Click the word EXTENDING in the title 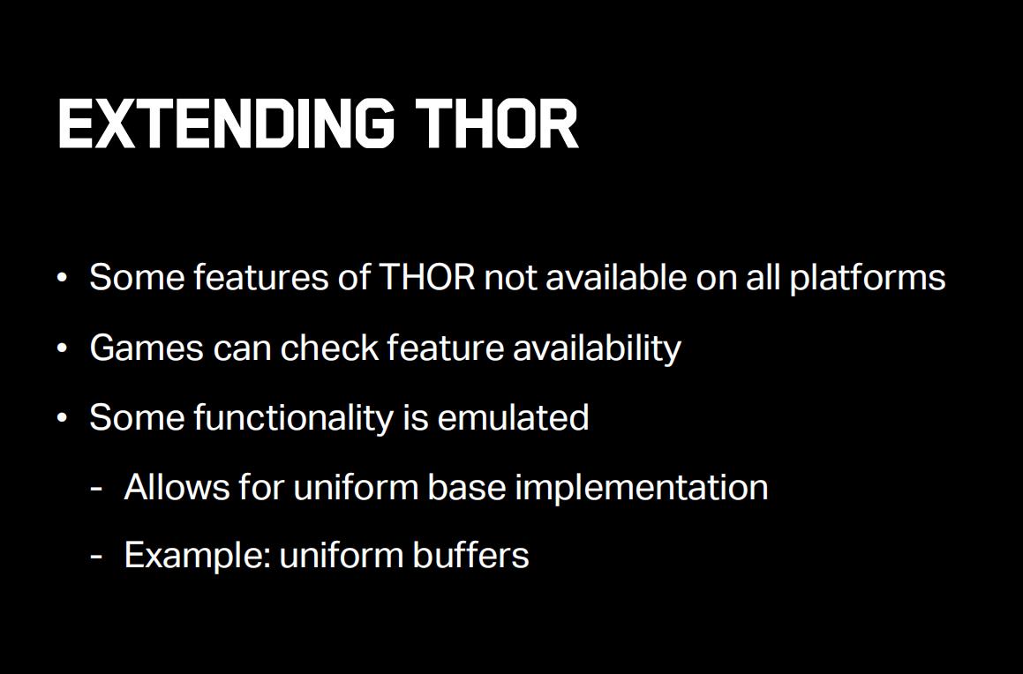pos(226,124)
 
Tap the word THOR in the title pos(496,124)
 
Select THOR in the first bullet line pos(426,277)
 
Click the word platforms pos(867,279)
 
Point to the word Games pos(147,348)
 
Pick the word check pos(329,347)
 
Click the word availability pos(597,348)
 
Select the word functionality pos(293,417)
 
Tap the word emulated pos(513,417)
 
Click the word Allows pos(177,487)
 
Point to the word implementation pos(642,488)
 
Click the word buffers pos(470,556)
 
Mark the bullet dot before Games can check pos(62,348)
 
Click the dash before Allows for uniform pos(96,489)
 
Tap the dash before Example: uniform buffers pos(96,558)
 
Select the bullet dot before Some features pos(62,279)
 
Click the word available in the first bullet pos(616,277)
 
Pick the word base pos(466,487)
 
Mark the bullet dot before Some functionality pos(62,418)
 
